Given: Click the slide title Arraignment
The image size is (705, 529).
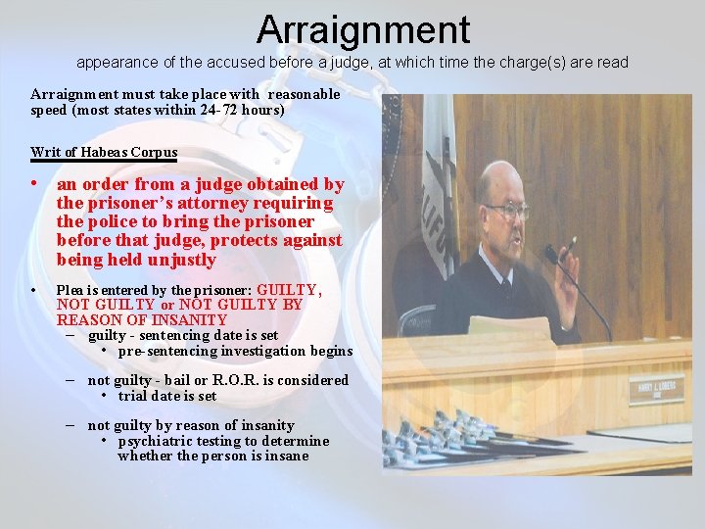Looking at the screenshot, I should (x=363, y=29).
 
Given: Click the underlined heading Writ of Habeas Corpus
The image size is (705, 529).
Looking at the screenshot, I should (x=104, y=152).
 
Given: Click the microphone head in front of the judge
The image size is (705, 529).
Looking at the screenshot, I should (x=551, y=254).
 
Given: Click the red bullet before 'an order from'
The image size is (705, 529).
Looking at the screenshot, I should (x=34, y=183).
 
